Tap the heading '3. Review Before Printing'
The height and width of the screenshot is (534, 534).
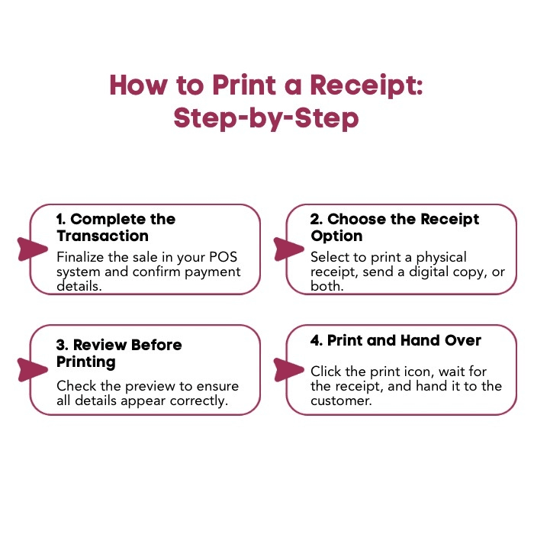pos(119,353)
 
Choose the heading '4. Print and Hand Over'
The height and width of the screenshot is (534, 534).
pos(396,341)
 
